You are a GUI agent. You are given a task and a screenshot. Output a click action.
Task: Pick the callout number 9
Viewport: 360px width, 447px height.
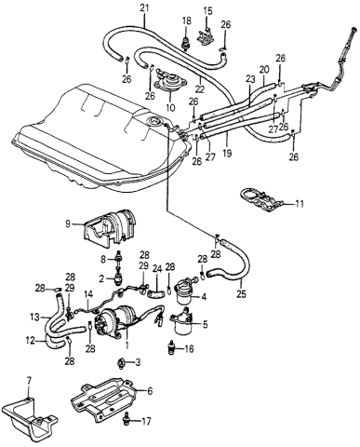point(69,223)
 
